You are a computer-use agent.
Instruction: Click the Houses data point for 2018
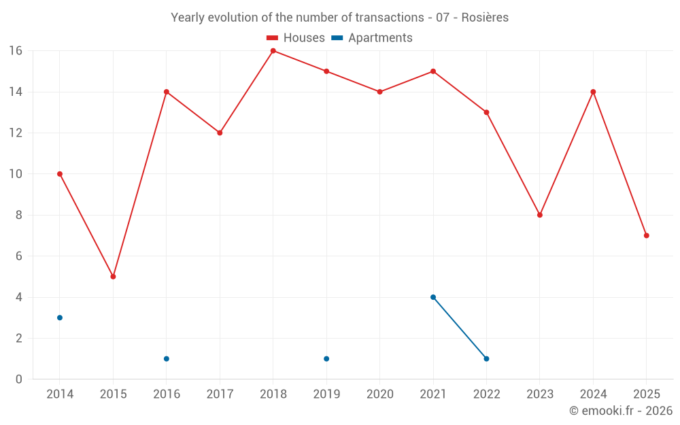(x=273, y=51)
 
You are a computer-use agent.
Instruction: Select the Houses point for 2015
(x=113, y=277)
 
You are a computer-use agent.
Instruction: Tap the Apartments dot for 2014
(x=60, y=318)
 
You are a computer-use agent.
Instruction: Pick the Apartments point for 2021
(x=433, y=297)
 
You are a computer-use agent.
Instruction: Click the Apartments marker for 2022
(x=486, y=359)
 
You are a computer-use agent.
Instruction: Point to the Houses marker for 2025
(x=647, y=235)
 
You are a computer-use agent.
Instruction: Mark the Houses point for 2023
(x=540, y=215)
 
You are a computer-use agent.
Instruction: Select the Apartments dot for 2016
(x=167, y=359)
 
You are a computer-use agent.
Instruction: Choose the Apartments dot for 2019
(x=326, y=359)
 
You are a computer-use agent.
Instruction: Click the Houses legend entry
(x=296, y=38)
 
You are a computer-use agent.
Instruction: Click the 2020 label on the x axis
(x=379, y=394)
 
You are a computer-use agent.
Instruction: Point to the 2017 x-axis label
(x=220, y=394)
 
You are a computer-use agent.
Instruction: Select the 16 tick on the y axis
(x=16, y=51)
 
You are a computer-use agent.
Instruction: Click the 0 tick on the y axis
(x=19, y=379)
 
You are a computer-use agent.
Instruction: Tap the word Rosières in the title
(x=485, y=18)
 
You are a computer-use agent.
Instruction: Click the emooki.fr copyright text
(x=621, y=411)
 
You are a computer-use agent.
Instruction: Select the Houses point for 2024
(x=593, y=92)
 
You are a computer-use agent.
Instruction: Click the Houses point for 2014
(x=60, y=174)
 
